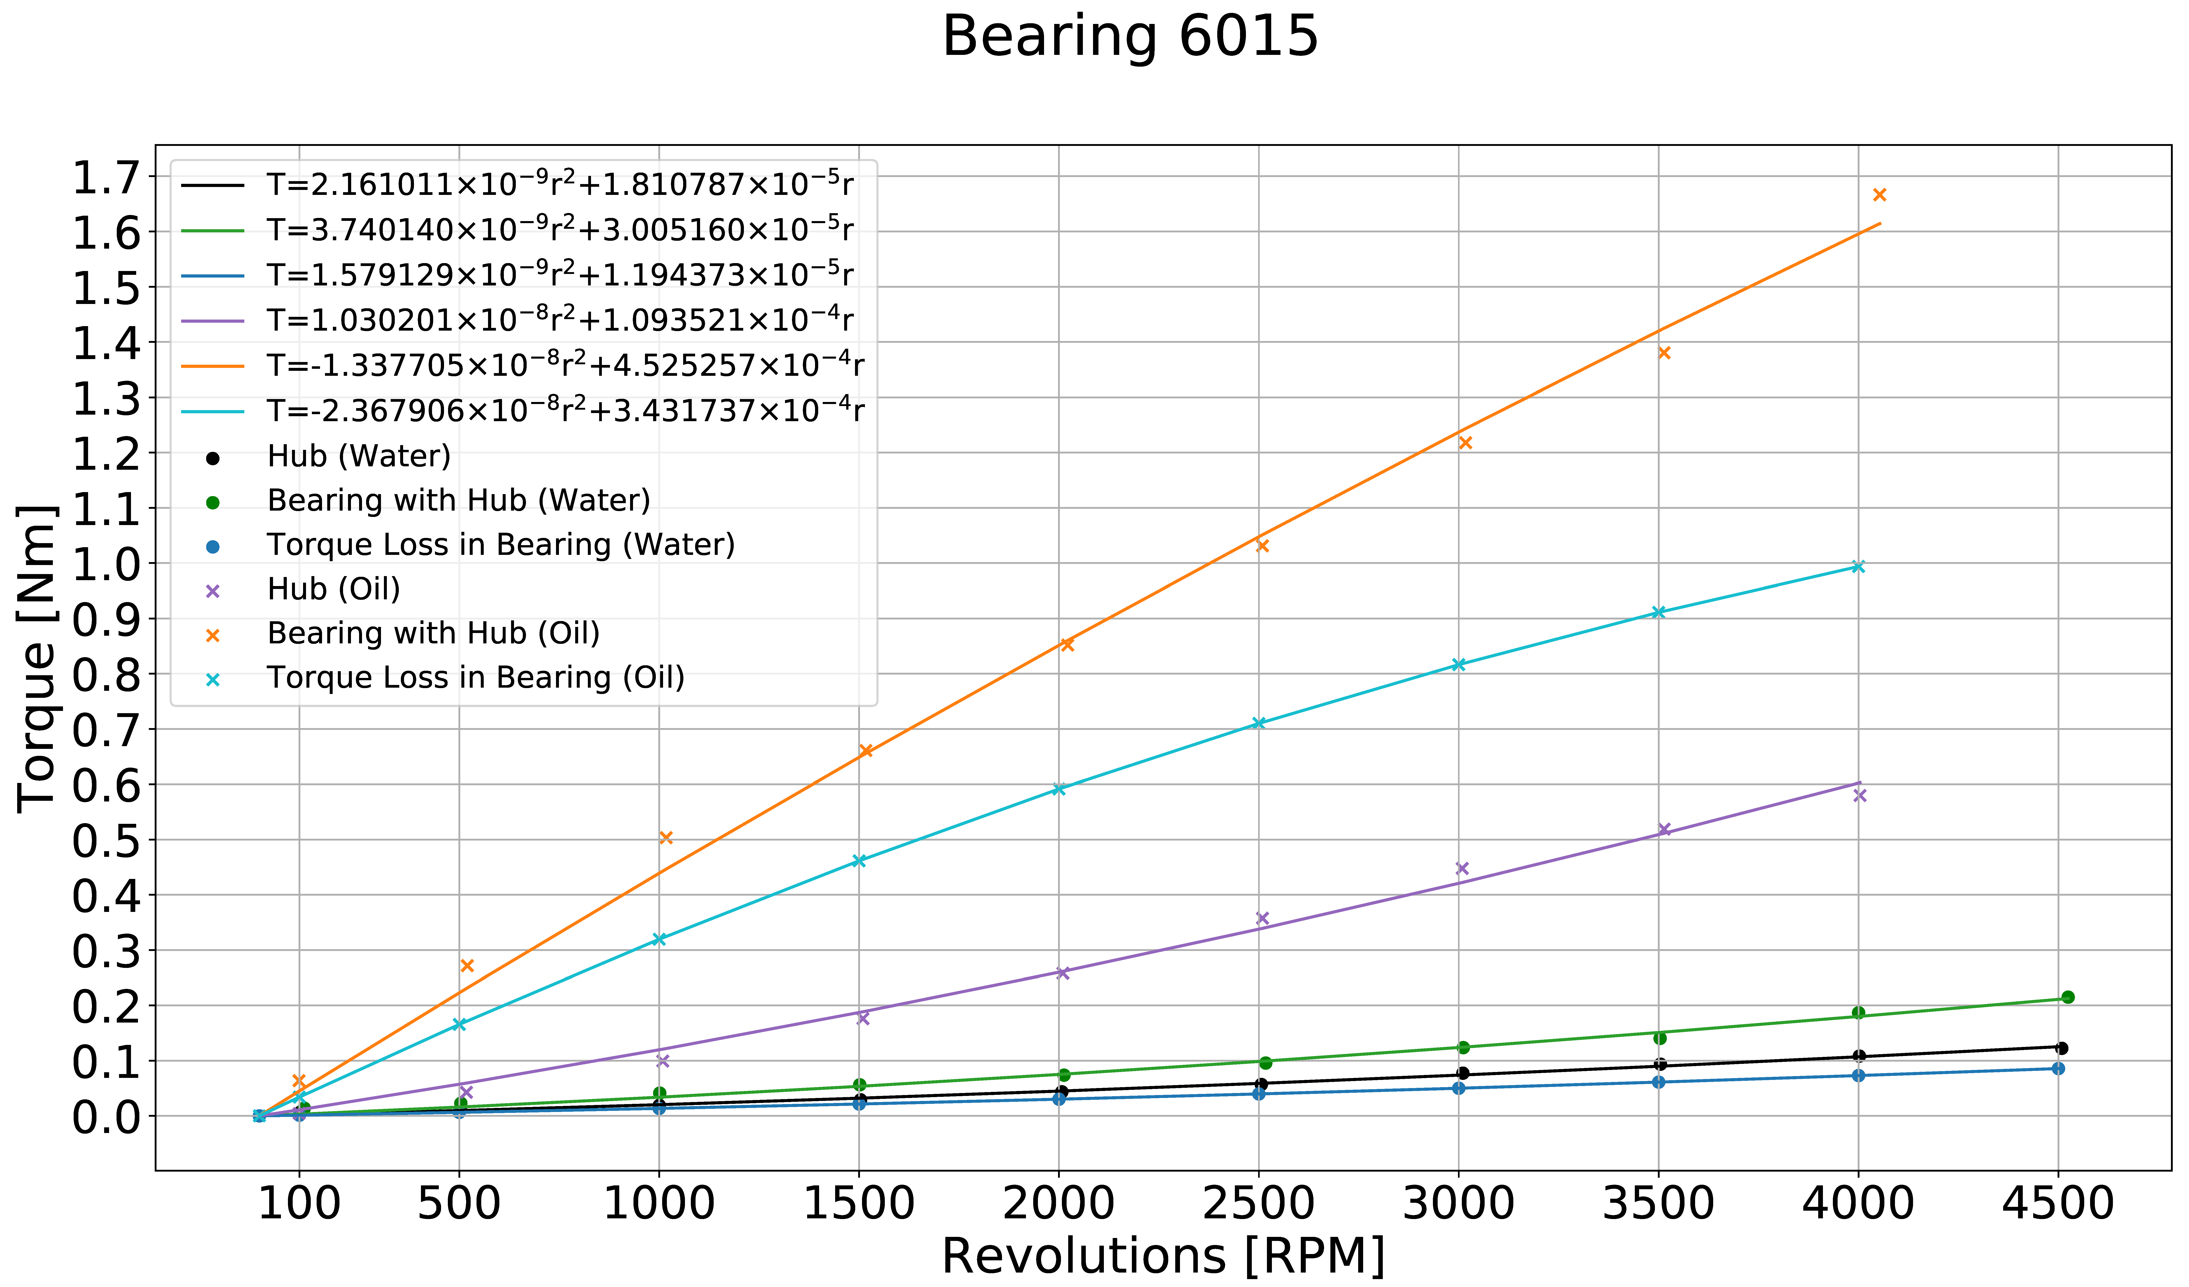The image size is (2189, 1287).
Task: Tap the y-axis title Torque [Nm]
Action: (37, 658)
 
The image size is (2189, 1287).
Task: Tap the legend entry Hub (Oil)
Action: (334, 589)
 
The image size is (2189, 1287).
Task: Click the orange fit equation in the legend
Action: (565, 366)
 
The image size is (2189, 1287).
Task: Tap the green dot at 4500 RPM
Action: (2067, 997)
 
